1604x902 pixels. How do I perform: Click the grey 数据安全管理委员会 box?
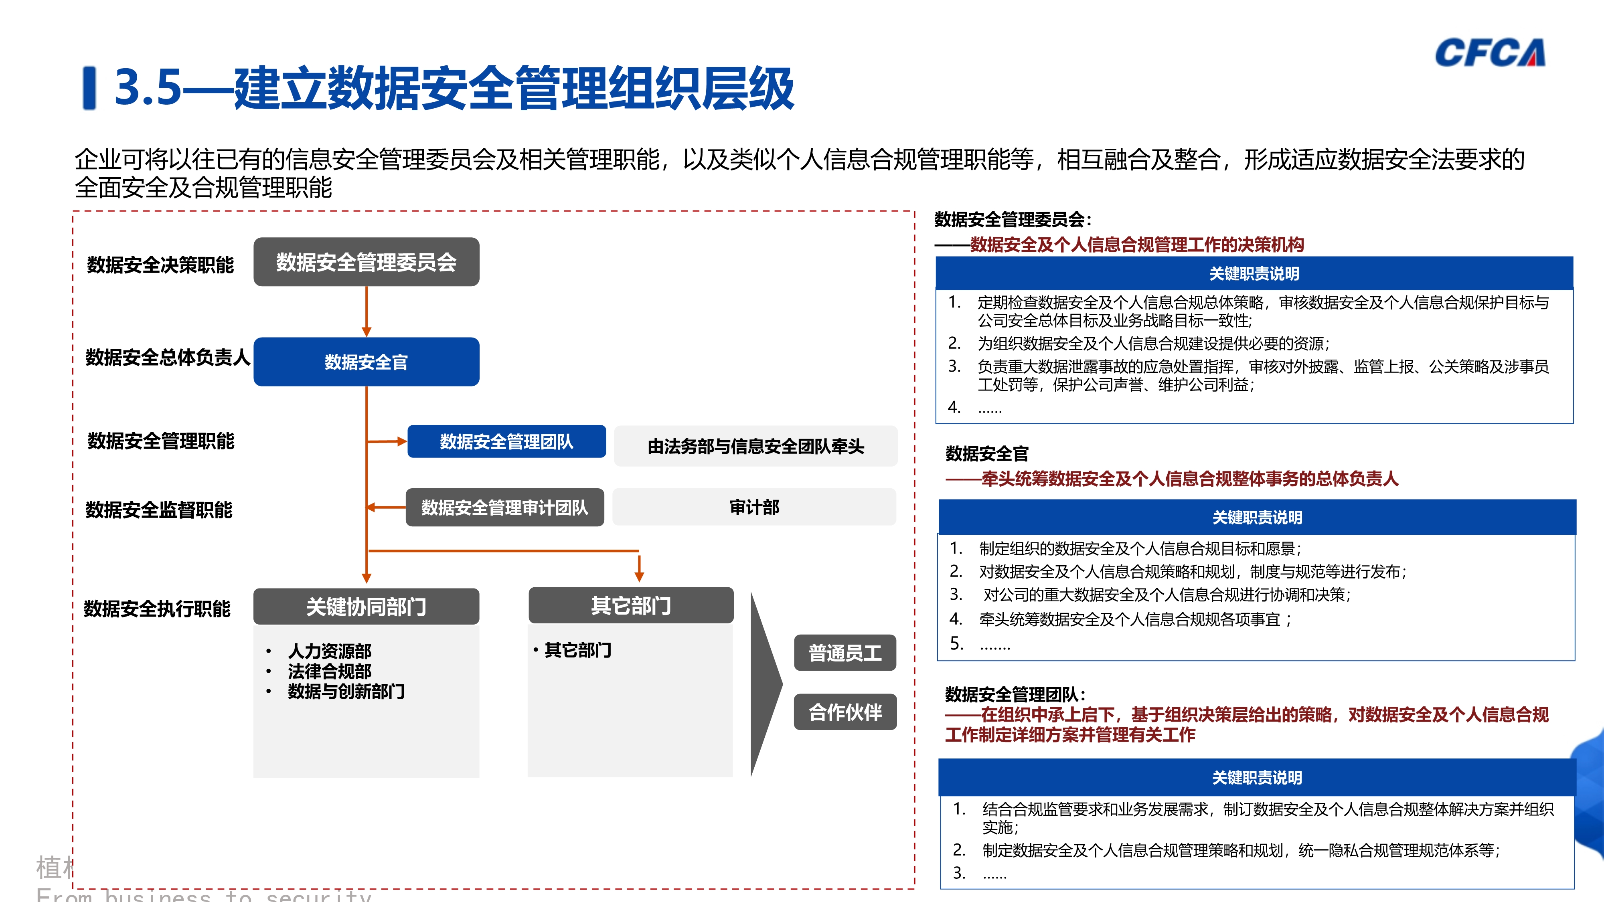366,262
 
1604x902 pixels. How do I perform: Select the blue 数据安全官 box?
366,362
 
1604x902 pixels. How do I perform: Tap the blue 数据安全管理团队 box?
506,441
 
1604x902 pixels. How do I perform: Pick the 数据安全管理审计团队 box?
504,508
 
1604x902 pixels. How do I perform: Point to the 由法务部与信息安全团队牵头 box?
755,446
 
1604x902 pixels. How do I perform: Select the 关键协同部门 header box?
366,606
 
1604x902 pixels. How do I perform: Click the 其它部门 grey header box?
631,605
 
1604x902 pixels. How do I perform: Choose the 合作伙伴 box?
845,712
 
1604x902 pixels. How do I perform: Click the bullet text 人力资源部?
329,651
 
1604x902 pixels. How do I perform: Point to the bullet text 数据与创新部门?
346,692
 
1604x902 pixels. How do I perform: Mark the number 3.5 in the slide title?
148,87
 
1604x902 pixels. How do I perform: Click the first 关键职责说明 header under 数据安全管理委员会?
1254,273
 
